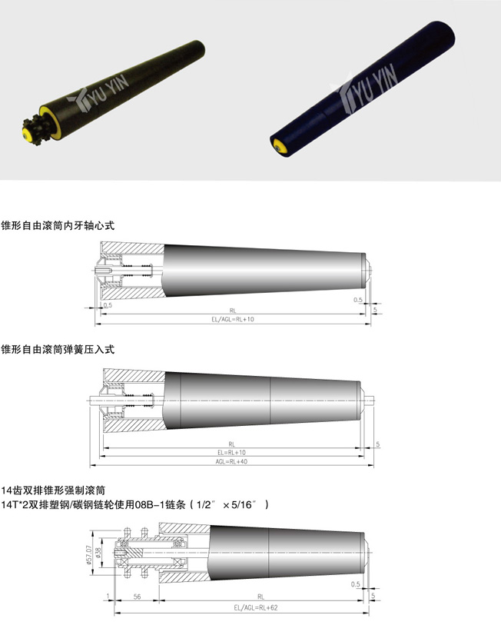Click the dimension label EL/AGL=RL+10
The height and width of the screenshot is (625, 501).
click(232, 319)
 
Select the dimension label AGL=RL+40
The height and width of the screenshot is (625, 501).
click(231, 461)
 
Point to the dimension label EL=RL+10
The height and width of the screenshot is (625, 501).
click(231, 452)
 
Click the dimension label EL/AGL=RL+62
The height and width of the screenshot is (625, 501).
click(255, 608)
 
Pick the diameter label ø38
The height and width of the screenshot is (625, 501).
click(98, 552)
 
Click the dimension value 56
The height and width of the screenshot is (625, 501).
click(137, 597)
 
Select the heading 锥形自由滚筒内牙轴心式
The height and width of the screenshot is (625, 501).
click(58, 225)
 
